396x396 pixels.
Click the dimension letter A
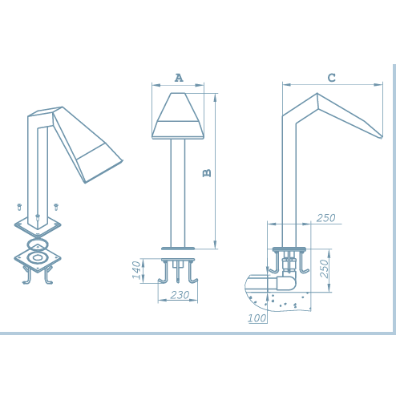coord(179,78)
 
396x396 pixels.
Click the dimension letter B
coord(207,173)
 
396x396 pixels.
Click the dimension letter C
coord(331,78)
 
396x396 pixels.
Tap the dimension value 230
coord(180,295)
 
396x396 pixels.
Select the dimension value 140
coord(136,270)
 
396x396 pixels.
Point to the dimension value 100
coord(257,318)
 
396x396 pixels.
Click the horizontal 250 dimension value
coord(325,218)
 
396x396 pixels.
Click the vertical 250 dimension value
coord(324,269)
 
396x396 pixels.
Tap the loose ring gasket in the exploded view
coord(38,244)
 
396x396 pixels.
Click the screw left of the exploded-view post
coord(19,207)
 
